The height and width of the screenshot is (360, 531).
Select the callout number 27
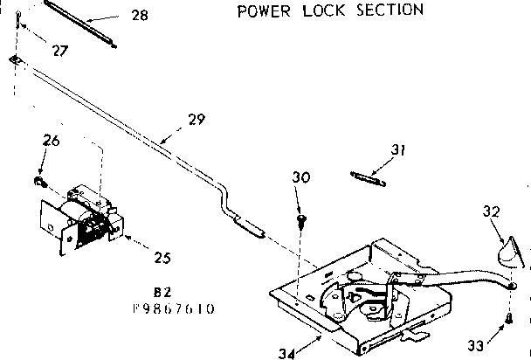pyautogui.click(x=59, y=51)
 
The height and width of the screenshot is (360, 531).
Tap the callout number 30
pyautogui.click(x=300, y=178)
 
